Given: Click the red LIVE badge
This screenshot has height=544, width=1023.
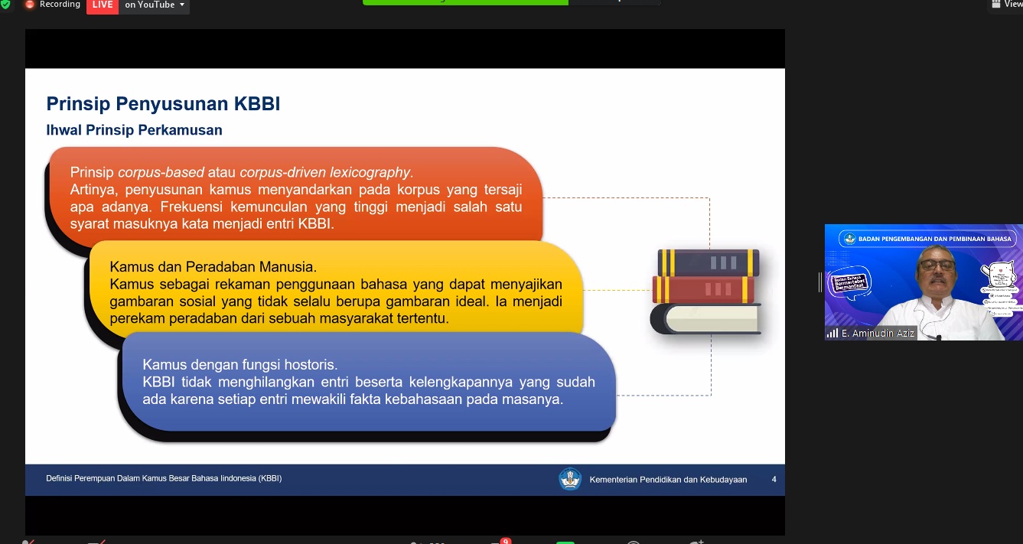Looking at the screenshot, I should click(x=102, y=5).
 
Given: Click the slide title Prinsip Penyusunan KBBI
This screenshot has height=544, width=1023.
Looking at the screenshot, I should click(x=163, y=104).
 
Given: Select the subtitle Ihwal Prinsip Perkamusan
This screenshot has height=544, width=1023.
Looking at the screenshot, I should click(x=134, y=130).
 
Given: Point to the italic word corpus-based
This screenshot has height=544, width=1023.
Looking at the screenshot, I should click(x=161, y=173).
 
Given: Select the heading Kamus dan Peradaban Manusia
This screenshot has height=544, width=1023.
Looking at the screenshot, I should click(x=213, y=267).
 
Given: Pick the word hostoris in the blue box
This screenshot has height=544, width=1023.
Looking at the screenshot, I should click(x=312, y=365).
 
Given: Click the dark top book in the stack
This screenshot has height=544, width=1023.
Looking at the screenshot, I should click(x=709, y=262).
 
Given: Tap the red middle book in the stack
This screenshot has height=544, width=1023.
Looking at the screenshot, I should click(x=704, y=289).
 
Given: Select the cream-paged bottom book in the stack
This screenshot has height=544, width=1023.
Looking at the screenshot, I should click(x=706, y=318).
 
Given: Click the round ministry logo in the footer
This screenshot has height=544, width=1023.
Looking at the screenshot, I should click(x=570, y=479).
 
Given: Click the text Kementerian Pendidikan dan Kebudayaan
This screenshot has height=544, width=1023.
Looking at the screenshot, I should click(x=668, y=480).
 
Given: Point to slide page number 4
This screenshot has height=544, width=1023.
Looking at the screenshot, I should click(x=774, y=480).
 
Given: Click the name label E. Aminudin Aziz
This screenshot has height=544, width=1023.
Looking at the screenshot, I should click(x=878, y=334).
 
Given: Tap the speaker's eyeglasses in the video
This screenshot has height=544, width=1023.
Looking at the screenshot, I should click(x=937, y=266).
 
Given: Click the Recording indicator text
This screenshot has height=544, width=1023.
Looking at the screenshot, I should click(x=60, y=5).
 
